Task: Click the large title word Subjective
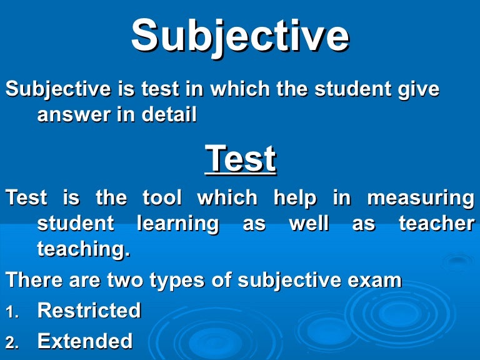click(240, 36)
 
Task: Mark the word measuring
click(420, 198)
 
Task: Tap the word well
click(309, 224)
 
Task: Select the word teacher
click(436, 224)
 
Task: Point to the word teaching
click(84, 249)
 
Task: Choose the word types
click(177, 280)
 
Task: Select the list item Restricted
click(89, 311)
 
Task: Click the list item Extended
click(85, 341)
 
